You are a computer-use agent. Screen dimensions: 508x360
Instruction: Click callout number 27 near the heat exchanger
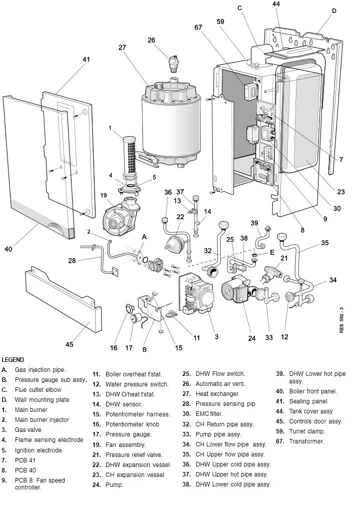coord(122,48)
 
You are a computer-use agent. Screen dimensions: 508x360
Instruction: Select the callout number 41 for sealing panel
coord(86,59)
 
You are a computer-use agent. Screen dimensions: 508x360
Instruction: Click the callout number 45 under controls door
coord(69,344)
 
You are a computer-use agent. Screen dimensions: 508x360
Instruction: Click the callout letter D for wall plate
coord(334,11)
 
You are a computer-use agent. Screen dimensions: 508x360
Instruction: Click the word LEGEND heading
coord(13,359)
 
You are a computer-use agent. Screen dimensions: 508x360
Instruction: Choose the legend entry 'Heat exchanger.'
coord(217,394)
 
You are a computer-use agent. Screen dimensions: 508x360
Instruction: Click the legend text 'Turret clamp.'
coord(307,431)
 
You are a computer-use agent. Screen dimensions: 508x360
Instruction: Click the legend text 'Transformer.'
coord(306,441)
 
